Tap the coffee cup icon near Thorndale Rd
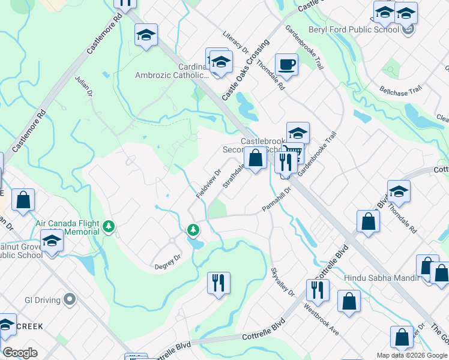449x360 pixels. (286, 64)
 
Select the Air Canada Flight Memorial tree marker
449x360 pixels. (109, 226)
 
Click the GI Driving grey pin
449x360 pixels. (69, 299)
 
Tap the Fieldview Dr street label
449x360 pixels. (205, 184)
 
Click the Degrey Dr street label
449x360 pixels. (167, 262)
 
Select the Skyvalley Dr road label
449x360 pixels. (283, 282)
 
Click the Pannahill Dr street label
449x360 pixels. (276, 199)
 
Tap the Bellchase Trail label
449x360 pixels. (400, 91)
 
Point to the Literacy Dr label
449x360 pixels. (235, 46)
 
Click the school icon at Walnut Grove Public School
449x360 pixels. (52, 242)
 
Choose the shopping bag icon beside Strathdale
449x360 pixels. (255, 158)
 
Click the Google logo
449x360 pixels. (20, 353)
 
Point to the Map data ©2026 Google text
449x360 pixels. (411, 355)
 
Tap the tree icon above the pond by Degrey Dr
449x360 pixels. (193, 229)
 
